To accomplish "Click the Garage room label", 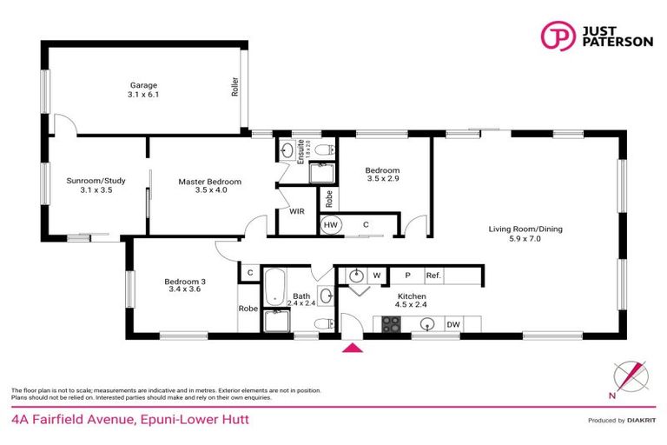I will (143, 90).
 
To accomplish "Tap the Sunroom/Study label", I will (96, 186).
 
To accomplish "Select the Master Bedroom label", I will (209, 186).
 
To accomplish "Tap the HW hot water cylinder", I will (330, 225).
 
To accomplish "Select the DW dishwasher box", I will (453, 325).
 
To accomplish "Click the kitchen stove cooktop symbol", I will (392, 325).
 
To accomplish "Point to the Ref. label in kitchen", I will (433, 276).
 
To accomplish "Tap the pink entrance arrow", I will (353, 349).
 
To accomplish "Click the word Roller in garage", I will (234, 88).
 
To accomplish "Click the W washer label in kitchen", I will (377, 276).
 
